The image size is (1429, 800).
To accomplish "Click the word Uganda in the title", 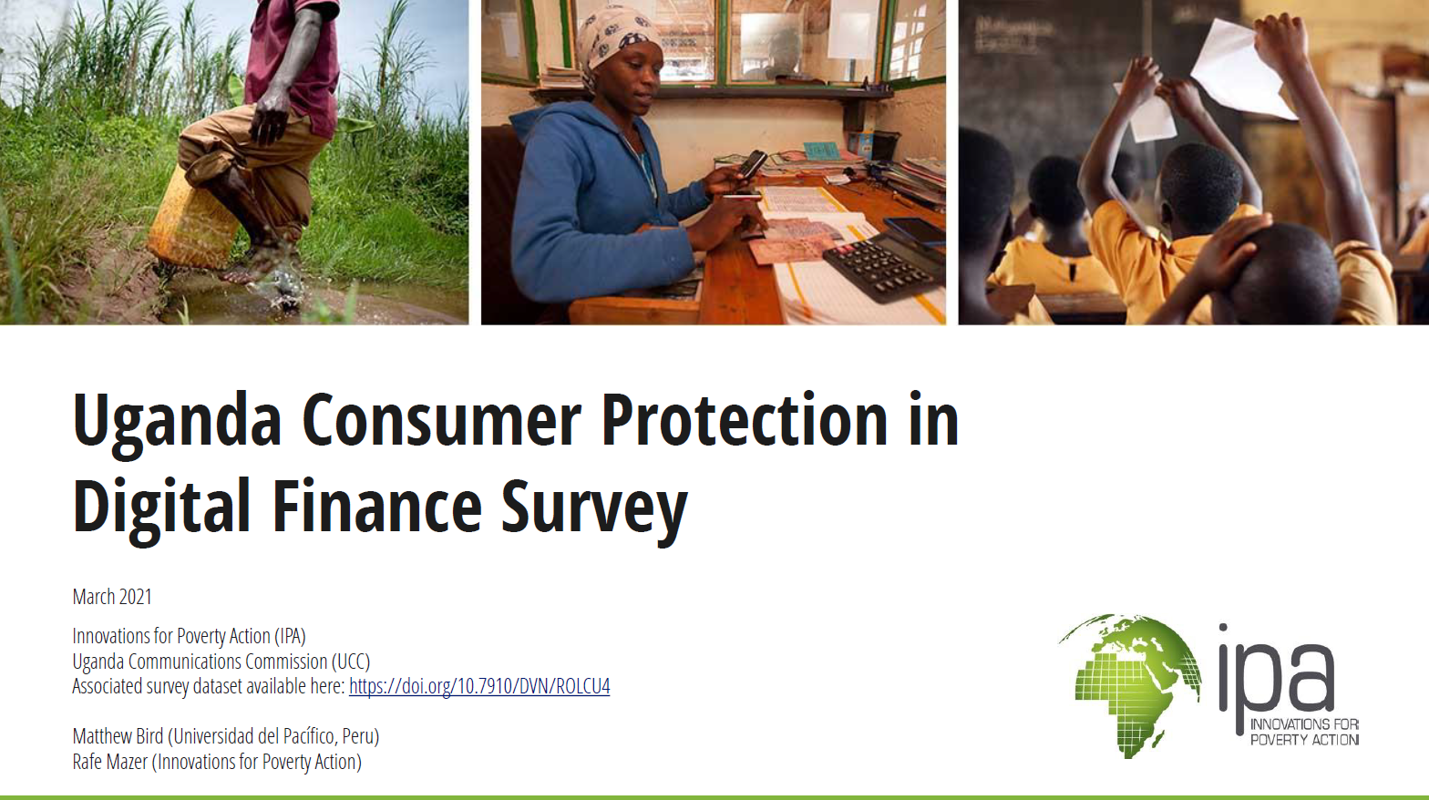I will (177, 421).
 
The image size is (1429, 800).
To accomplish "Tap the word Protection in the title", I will (744, 421).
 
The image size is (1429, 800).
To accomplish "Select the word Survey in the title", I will (594, 508).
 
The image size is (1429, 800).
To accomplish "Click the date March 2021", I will (112, 597).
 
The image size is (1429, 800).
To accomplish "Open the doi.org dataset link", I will (479, 686).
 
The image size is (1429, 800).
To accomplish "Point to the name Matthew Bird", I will (118, 736).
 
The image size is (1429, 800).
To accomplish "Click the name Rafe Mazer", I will (109, 762).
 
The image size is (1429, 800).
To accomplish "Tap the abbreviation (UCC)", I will (351, 662).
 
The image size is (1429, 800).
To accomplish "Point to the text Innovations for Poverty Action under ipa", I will (1303, 732).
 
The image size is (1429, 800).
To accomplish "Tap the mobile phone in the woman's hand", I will (752, 164).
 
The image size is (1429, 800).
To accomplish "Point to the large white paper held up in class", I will (1239, 68).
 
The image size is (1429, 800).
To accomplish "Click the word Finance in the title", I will (376, 508).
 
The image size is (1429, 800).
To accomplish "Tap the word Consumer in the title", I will (441, 421).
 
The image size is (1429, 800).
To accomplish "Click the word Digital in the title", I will (161, 508).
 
